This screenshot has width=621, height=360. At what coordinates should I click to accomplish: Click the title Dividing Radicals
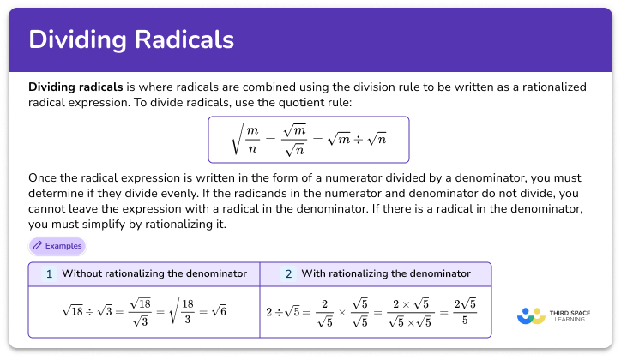coord(131,39)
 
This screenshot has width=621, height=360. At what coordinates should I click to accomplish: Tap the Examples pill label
coord(63,245)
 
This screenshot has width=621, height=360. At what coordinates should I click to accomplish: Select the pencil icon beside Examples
coord(38,245)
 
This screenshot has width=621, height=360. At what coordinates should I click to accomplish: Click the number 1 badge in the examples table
coord(49,274)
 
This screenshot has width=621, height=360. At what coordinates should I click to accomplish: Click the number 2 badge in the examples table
coord(288,274)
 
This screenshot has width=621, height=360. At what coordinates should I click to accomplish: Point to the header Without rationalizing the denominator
coord(154,274)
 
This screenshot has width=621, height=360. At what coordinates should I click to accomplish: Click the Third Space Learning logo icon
coord(531,315)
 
